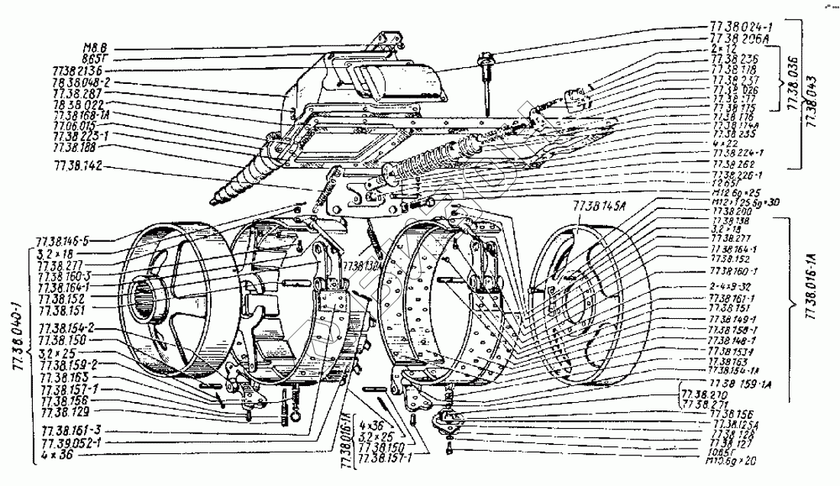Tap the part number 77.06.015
[74, 124]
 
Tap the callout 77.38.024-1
[740, 27]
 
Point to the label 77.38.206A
[736, 37]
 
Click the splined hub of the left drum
[149, 295]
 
